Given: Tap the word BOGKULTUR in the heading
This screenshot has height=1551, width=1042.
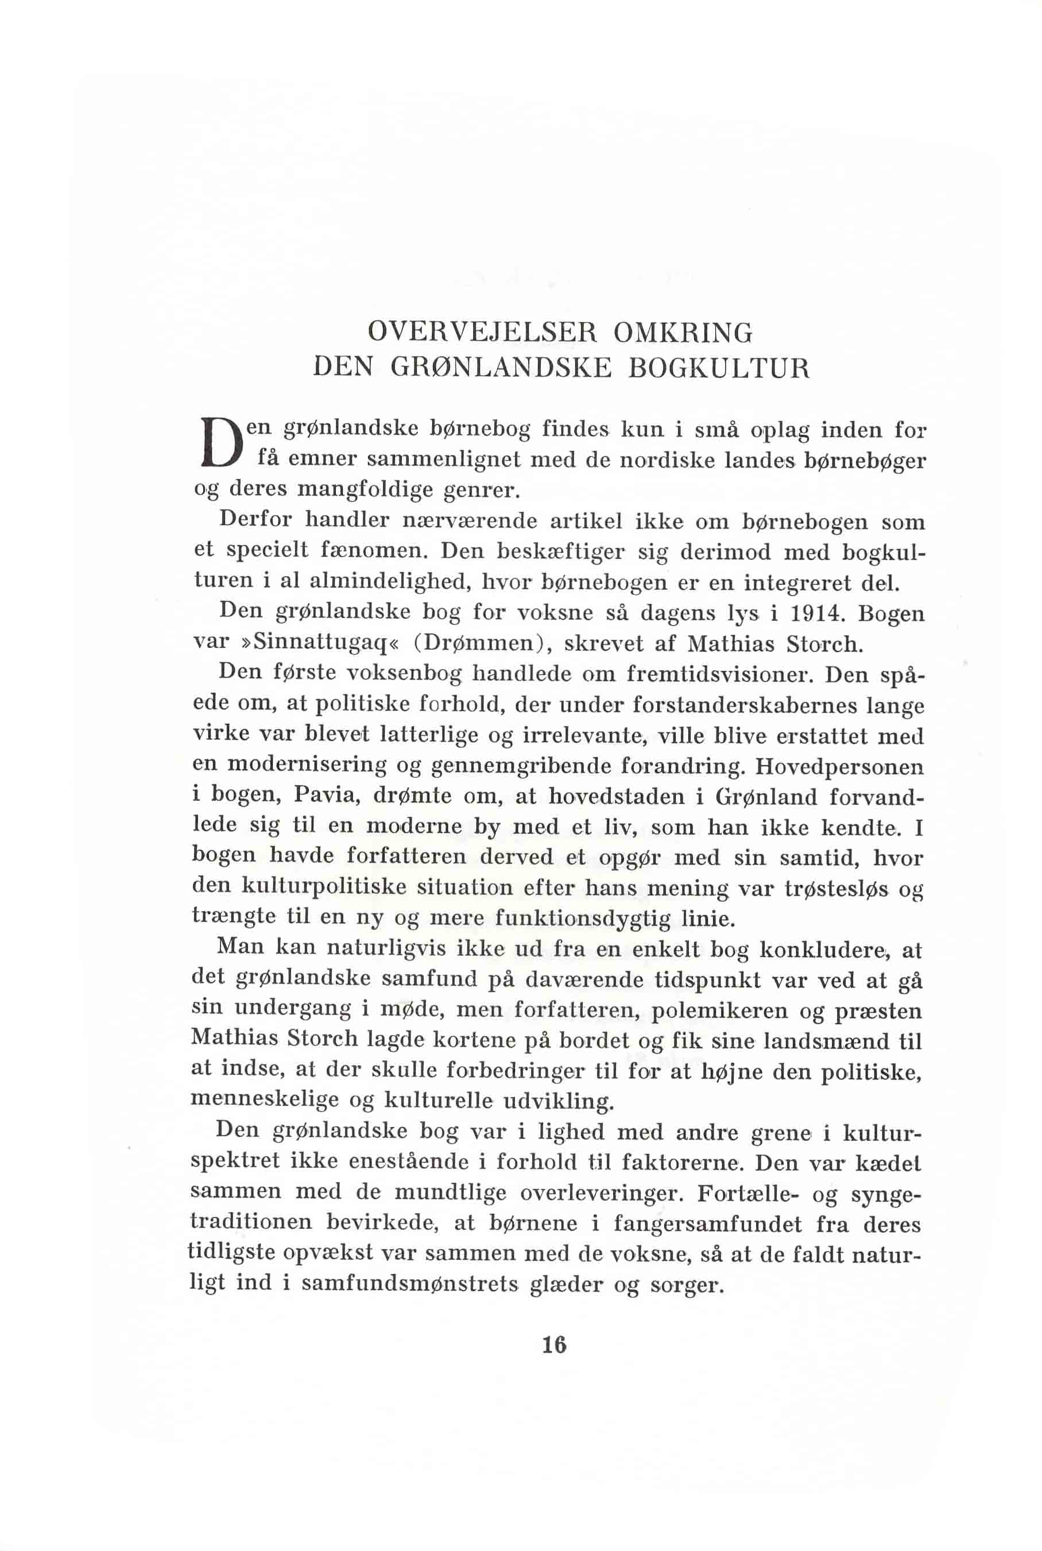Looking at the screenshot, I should (x=719, y=368).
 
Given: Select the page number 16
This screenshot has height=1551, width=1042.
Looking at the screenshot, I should (x=553, y=1345).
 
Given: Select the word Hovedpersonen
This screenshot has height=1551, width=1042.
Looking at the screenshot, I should (x=839, y=766).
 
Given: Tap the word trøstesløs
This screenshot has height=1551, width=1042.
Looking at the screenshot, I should (x=836, y=889).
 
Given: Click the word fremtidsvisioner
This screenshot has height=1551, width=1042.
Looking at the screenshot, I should (x=717, y=674).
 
